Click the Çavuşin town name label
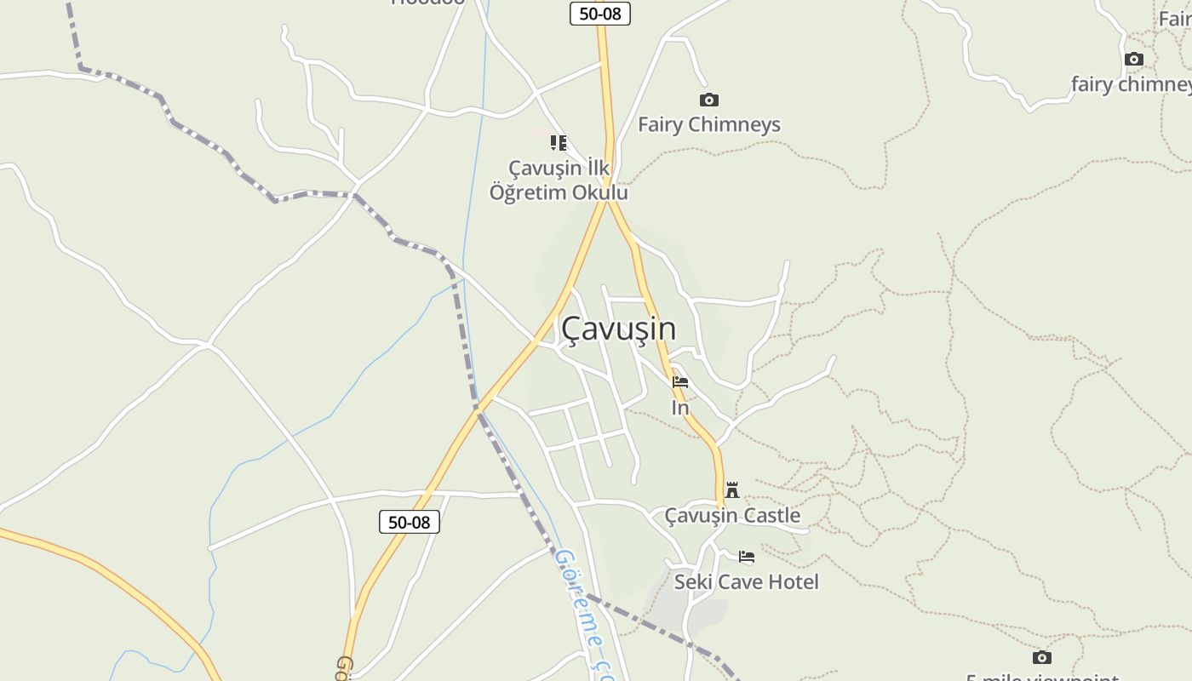619,329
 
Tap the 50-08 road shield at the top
600,14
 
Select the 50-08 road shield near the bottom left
410,522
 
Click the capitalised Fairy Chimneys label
708,124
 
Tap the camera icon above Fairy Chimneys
708,100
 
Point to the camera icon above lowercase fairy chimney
1133,60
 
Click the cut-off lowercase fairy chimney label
1131,84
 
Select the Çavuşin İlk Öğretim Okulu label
559,180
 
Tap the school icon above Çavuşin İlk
559,143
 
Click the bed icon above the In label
680,382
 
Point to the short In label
680,408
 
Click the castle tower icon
732,490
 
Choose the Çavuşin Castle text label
732,515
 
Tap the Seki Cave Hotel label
747,582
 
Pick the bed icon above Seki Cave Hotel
747,558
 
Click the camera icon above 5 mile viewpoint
1041,657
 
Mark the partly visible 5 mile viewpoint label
1042,677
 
